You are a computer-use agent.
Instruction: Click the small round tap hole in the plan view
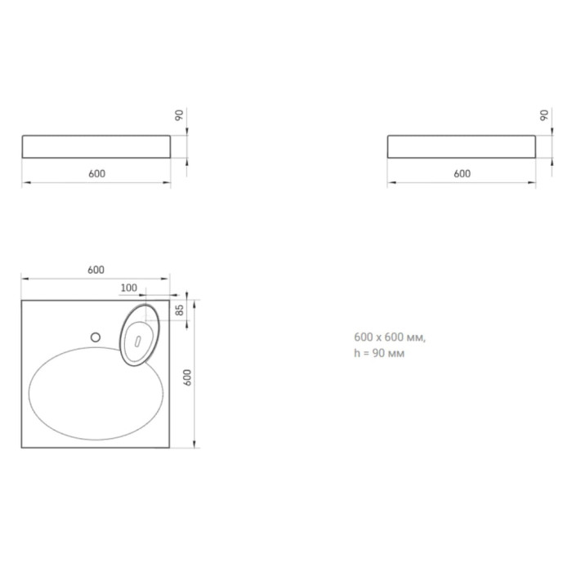click(x=96, y=337)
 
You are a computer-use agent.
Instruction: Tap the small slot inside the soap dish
click(x=137, y=341)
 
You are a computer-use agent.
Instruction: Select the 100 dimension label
click(x=129, y=288)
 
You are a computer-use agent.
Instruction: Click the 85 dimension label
click(x=180, y=310)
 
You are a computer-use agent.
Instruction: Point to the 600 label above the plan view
click(x=96, y=270)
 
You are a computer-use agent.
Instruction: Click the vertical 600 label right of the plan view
click(x=187, y=378)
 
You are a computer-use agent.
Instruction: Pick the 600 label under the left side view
click(x=96, y=173)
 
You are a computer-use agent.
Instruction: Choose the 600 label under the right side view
click(x=463, y=173)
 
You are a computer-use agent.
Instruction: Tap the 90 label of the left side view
click(x=179, y=115)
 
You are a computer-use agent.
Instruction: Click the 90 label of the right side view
click(x=544, y=115)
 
